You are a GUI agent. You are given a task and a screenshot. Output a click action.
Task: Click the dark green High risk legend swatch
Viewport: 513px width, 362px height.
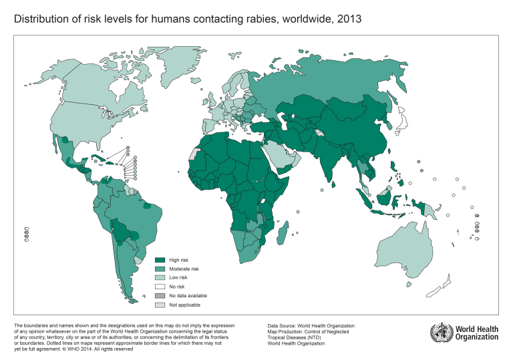tap(160, 260)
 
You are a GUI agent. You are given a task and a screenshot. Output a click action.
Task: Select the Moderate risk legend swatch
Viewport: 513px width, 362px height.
tap(160, 268)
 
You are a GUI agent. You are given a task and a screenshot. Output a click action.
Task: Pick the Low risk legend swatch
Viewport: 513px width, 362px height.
tap(160, 277)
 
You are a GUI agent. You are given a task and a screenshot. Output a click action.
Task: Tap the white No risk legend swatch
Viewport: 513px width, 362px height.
tap(160, 287)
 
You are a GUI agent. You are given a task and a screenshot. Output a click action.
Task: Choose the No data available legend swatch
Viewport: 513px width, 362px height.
tap(160, 295)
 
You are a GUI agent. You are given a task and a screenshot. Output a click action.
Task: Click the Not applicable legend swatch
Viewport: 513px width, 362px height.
tap(160, 305)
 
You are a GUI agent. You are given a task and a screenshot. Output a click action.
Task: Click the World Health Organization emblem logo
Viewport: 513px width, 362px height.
tap(440, 331)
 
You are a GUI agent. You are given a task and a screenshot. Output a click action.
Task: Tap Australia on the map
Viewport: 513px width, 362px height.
tap(401, 250)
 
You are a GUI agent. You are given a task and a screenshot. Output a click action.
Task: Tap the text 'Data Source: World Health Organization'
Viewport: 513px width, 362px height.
tap(311, 326)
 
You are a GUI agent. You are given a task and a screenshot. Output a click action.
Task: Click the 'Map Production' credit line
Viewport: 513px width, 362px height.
tap(311, 332)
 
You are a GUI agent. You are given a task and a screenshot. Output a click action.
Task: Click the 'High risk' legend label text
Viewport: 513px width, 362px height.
tap(178, 260)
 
